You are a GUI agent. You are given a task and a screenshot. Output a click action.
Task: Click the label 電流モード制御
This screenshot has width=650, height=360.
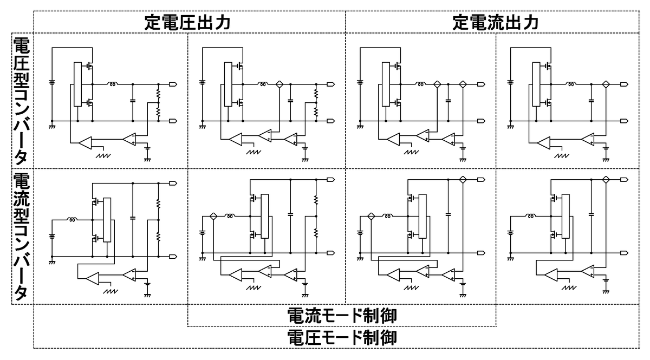click(x=341, y=316)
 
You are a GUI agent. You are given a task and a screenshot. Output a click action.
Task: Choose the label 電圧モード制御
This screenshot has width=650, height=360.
click(x=341, y=338)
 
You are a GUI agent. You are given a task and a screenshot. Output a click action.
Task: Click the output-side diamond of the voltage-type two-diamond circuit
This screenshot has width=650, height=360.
click(x=463, y=84)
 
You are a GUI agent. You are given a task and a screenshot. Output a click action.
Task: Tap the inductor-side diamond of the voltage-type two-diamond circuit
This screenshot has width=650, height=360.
click(x=435, y=84)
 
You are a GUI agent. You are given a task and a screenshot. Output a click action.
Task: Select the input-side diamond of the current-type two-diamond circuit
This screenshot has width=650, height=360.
click(x=371, y=216)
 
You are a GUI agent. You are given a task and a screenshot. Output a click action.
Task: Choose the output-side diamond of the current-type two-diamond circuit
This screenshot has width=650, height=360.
click(x=463, y=180)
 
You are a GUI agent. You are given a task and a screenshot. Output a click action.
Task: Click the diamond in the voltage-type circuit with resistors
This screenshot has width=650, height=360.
click(x=279, y=84)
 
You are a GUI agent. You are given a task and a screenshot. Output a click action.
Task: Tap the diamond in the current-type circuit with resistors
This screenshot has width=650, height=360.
click(x=213, y=216)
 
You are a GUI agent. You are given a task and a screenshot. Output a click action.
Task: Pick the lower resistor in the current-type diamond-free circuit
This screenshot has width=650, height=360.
click(x=158, y=237)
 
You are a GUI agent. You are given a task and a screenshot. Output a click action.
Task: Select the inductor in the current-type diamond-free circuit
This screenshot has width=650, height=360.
click(x=72, y=219)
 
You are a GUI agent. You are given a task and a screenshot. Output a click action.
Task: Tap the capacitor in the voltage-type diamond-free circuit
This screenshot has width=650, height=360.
click(x=133, y=101)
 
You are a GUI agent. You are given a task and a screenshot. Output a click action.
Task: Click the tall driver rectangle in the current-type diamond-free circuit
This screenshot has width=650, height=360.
click(x=107, y=220)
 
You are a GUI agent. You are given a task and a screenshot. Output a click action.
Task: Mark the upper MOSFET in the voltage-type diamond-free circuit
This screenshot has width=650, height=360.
click(x=89, y=67)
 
